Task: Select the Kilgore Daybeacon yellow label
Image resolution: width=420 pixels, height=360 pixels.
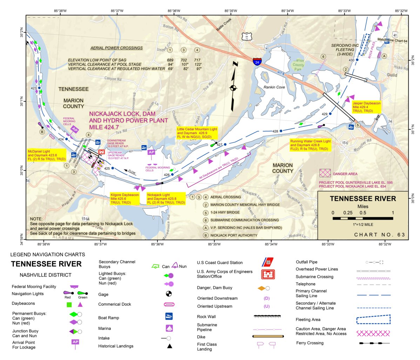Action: (x=124, y=199)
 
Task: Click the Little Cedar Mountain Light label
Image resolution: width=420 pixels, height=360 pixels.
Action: (x=197, y=133)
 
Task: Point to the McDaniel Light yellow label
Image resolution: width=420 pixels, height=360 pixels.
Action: (x=47, y=155)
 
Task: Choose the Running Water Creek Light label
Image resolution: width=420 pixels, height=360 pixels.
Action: (x=310, y=145)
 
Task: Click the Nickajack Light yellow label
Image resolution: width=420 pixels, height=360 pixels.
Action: (x=166, y=199)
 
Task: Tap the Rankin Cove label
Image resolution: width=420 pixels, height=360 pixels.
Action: (x=274, y=87)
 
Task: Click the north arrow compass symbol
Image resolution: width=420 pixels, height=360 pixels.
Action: (x=233, y=86)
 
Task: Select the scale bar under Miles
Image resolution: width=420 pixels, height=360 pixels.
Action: (x=363, y=218)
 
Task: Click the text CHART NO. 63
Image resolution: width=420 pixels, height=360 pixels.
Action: (x=379, y=235)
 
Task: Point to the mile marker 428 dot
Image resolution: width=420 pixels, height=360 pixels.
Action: (x=281, y=131)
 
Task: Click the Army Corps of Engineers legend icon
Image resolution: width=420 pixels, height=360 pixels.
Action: (x=268, y=274)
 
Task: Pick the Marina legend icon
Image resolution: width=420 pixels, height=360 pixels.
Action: (x=169, y=328)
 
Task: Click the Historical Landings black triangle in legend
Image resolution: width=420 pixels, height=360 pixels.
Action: (x=169, y=346)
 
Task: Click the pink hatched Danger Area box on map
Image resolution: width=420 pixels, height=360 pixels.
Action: (x=325, y=173)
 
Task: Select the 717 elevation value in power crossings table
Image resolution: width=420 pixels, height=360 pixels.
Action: (x=197, y=60)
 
